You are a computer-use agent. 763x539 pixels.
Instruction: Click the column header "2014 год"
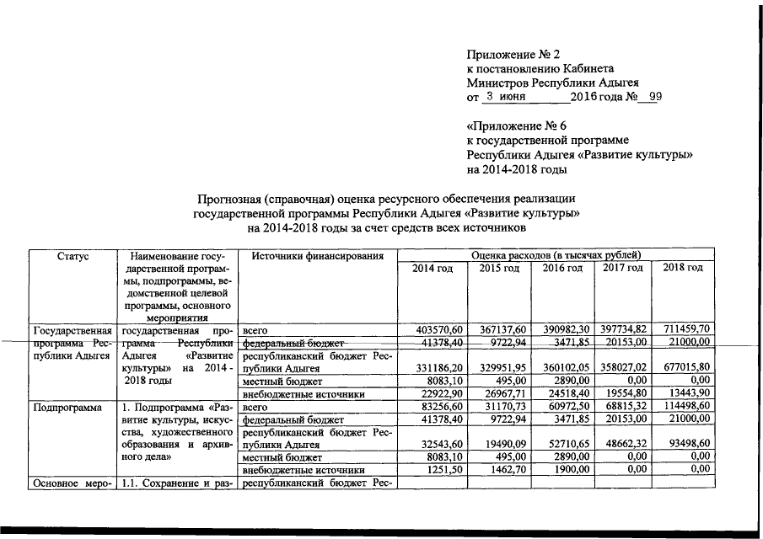tap(433, 268)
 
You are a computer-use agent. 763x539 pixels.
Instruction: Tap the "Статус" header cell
tap(71, 255)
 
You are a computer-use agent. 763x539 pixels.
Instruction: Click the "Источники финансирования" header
tap(311, 255)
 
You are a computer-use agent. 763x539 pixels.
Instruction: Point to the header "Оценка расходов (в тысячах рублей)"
tap(556, 254)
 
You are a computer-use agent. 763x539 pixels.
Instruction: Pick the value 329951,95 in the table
tap(499, 368)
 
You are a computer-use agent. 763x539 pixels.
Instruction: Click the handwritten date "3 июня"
tap(507, 97)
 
